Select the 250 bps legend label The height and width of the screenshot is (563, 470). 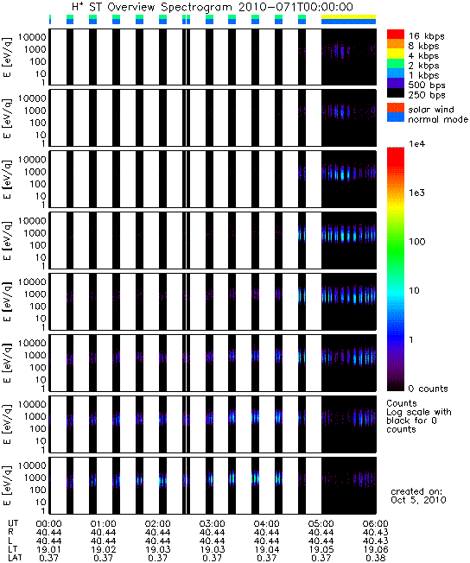pos(427,95)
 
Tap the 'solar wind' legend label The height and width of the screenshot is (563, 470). pos(431,109)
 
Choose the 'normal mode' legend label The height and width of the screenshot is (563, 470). pos(438,119)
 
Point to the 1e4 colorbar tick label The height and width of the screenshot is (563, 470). pos(416,144)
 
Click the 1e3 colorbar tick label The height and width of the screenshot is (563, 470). pos(416,193)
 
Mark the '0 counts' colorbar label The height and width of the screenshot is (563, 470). pos(429,389)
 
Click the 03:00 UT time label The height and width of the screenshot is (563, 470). pos(212,523)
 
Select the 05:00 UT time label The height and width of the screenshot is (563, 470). pos(321,523)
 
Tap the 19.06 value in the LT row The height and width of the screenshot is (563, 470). pos(376,549)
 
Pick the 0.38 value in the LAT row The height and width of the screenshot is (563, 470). pos(376,558)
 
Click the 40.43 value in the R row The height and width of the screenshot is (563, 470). pos(376,532)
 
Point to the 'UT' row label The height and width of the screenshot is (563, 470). pos(13,523)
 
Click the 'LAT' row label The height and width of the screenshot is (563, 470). pos(15,558)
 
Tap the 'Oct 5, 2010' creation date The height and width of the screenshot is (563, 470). pos(418,500)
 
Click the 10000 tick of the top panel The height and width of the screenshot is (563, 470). pos(32,37)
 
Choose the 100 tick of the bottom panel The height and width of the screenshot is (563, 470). pos(38,490)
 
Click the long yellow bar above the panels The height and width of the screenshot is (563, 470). pos(348,16)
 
